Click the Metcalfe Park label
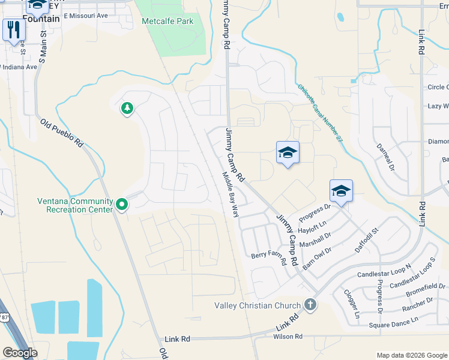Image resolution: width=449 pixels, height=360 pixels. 167,21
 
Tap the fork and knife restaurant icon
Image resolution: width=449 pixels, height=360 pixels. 13,29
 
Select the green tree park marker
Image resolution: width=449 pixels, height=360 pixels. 127,108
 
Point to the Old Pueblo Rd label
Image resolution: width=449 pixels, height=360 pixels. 62,133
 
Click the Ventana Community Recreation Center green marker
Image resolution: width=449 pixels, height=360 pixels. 122,205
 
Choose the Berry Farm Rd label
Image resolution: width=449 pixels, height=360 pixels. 268,255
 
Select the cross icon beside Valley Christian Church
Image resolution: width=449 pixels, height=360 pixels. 310,305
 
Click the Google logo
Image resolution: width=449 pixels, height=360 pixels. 20,353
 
